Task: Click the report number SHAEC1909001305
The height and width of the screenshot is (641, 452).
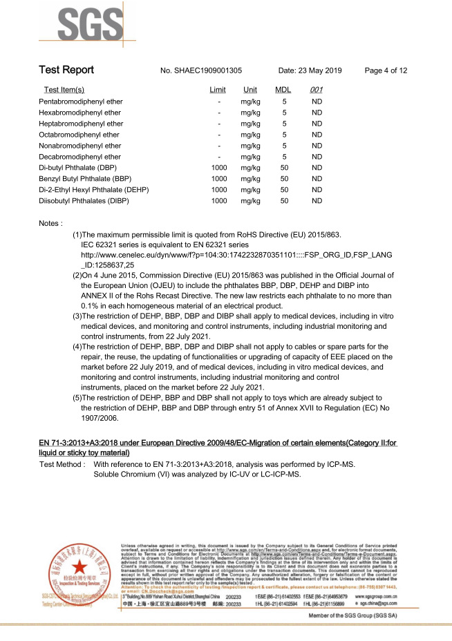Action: coord(200,70)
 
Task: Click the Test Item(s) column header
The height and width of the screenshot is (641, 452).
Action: coord(64,90)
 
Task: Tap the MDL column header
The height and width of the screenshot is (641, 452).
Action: coord(283,90)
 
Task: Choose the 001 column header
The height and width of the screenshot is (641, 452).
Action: coord(317,90)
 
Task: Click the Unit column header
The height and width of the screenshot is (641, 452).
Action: coord(250,90)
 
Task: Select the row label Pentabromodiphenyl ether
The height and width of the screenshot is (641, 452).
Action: coord(82,102)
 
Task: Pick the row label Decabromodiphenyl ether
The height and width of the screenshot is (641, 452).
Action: coord(81,157)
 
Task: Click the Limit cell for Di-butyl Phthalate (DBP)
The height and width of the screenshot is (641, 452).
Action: coord(219,168)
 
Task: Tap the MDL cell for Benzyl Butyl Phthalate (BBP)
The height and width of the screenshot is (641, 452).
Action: coord(284,179)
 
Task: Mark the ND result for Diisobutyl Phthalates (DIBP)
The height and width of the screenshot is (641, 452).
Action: coord(317,201)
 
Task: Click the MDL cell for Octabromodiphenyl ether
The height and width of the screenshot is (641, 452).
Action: coord(284,135)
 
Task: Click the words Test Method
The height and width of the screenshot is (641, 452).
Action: coord(62,465)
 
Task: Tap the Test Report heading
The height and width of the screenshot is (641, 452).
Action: coord(66,70)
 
